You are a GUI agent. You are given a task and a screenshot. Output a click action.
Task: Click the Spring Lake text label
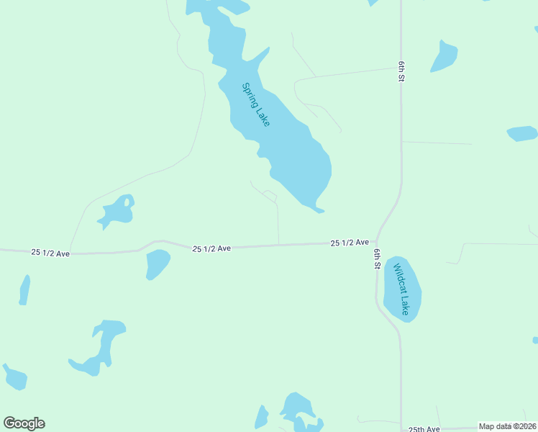pyautogui.click(x=255, y=105)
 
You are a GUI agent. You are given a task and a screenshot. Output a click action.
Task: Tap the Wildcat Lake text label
pyautogui.click(x=401, y=289)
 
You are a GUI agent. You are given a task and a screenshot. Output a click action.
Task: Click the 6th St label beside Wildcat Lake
pyautogui.click(x=376, y=259)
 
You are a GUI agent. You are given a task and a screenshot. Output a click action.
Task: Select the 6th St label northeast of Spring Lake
pyautogui.click(x=401, y=71)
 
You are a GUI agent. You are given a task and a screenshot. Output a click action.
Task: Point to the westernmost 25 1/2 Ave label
pyautogui.click(x=50, y=253)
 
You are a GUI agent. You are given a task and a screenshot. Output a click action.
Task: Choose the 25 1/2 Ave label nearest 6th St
pyautogui.click(x=350, y=243)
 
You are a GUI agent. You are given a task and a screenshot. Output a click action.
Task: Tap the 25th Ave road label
pyautogui.click(x=424, y=428)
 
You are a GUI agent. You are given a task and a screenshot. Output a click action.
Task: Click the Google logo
pyautogui.click(x=24, y=423)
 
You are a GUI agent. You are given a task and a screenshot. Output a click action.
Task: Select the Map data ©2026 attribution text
pyautogui.click(x=506, y=426)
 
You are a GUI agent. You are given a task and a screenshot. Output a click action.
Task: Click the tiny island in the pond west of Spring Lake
pyautogui.click(x=127, y=202)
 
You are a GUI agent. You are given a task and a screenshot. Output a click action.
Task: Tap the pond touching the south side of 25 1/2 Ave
pyautogui.click(x=157, y=264)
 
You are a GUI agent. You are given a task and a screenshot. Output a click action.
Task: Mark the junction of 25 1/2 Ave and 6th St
pyautogui.click(x=377, y=243)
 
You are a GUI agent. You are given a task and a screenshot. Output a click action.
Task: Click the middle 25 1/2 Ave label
pyautogui.click(x=211, y=248)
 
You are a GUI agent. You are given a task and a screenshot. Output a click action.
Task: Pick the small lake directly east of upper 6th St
pyautogui.click(x=444, y=56)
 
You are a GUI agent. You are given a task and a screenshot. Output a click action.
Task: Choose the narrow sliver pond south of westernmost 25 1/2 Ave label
pyautogui.click(x=25, y=290)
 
